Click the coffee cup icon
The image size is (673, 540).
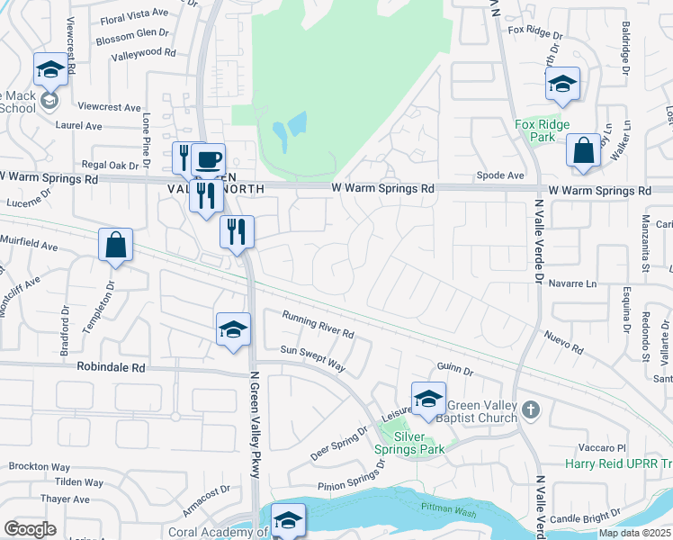coord(209,159)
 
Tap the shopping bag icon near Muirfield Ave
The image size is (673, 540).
coord(116,245)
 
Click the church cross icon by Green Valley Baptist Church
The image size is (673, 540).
coord(532,409)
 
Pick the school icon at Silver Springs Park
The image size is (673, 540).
coord(428,398)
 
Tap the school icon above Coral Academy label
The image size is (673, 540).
coord(288,519)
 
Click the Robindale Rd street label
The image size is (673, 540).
coord(112,368)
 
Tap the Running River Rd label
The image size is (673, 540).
coord(318,324)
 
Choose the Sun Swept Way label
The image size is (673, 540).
coord(312,357)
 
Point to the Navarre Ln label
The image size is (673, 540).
coord(572,283)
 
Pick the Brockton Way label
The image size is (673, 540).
coord(39,467)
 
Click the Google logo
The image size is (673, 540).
coord(30,529)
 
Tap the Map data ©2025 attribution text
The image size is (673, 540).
coord(634,533)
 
